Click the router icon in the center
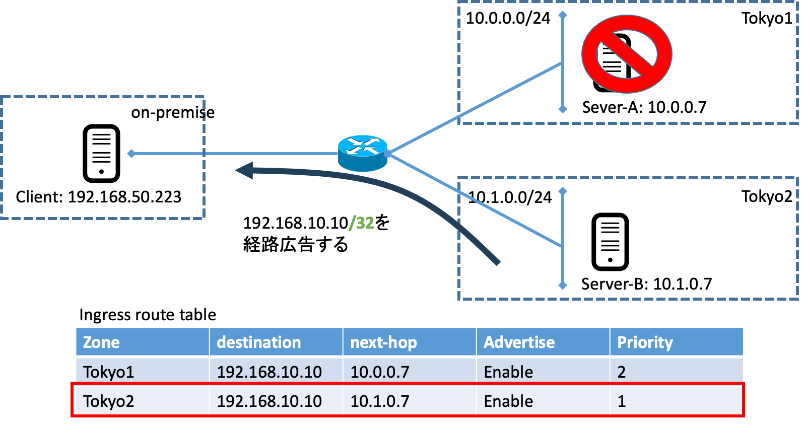(x=362, y=153)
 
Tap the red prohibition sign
(x=627, y=54)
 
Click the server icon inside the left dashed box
(x=101, y=154)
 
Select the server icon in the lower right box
(x=610, y=242)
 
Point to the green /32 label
(x=362, y=223)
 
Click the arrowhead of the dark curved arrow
(x=244, y=170)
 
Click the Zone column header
(x=101, y=342)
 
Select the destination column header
(x=258, y=342)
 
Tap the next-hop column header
(x=383, y=342)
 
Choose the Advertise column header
(x=519, y=342)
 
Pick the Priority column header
(x=645, y=342)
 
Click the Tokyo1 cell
(x=109, y=372)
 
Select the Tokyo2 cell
(x=109, y=401)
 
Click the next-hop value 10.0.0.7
(x=380, y=372)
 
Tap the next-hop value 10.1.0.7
(x=380, y=401)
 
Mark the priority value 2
(x=622, y=372)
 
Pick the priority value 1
(x=622, y=401)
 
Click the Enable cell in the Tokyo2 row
(x=508, y=401)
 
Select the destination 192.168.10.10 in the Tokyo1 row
(x=269, y=372)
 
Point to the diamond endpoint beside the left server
(x=131, y=154)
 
